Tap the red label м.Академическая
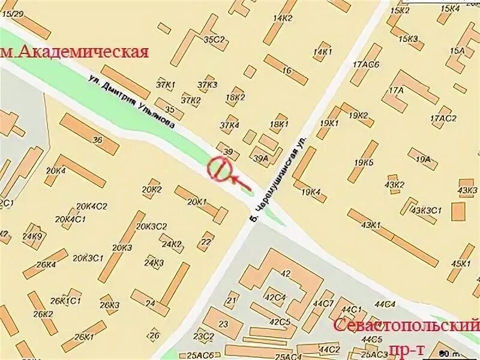[75, 52]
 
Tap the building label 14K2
[282, 18]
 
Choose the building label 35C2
[214, 40]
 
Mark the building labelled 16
[287, 71]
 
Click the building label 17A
[396, 91]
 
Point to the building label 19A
[424, 159]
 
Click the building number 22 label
[206, 242]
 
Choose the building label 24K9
[32, 236]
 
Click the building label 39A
[261, 158]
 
